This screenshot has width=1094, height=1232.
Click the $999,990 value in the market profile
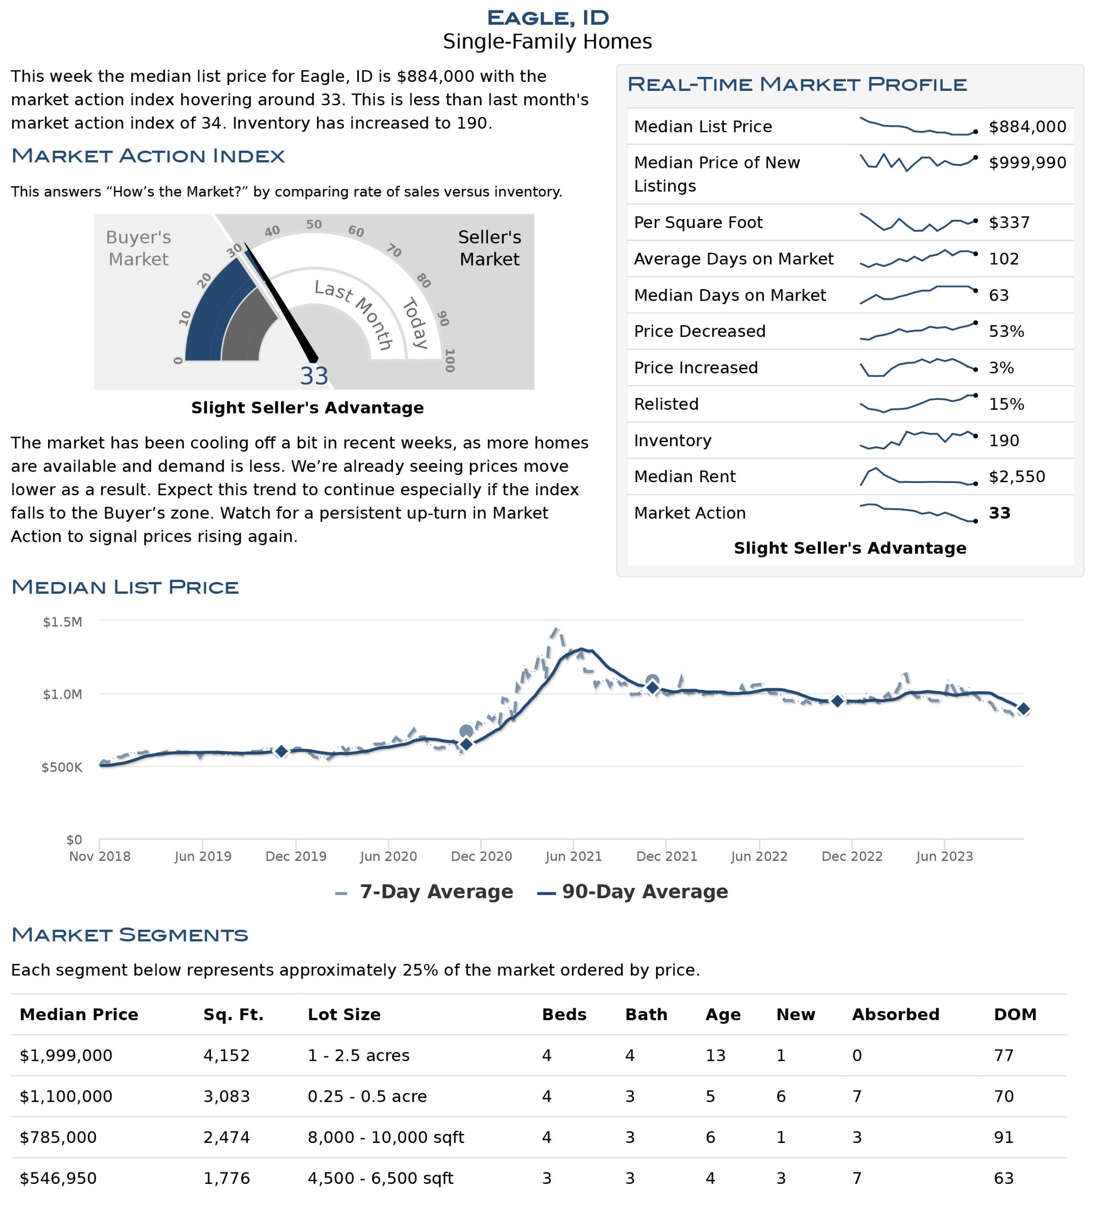tap(1027, 163)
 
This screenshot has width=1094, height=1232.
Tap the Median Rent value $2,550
tap(1017, 477)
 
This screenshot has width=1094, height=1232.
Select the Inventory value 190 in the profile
tap(1004, 441)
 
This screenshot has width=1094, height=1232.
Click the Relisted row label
tap(666, 404)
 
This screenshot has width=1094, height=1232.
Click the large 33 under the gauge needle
tap(314, 376)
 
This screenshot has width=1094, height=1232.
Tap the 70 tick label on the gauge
tap(394, 250)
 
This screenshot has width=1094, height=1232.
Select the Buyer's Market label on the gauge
tap(139, 248)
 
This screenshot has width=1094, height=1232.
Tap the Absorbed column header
tap(895, 1014)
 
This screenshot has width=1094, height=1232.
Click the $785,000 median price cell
tap(58, 1137)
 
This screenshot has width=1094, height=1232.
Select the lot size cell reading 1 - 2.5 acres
tap(358, 1055)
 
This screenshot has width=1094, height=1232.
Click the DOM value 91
tap(1004, 1137)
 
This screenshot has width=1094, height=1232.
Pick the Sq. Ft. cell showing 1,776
tap(227, 1179)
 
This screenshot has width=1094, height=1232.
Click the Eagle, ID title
tap(547, 17)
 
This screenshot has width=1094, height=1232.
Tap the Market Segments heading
tap(129, 935)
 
